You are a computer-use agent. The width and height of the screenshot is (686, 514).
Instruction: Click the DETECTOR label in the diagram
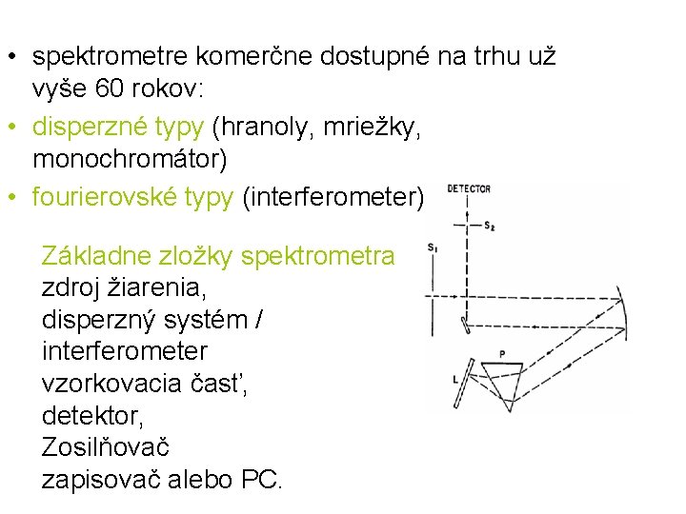[468, 188]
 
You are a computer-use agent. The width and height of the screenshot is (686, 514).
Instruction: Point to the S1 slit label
[433, 248]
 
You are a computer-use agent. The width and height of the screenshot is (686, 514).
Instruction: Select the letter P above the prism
[502, 353]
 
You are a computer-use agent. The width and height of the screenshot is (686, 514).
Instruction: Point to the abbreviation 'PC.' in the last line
[263, 479]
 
